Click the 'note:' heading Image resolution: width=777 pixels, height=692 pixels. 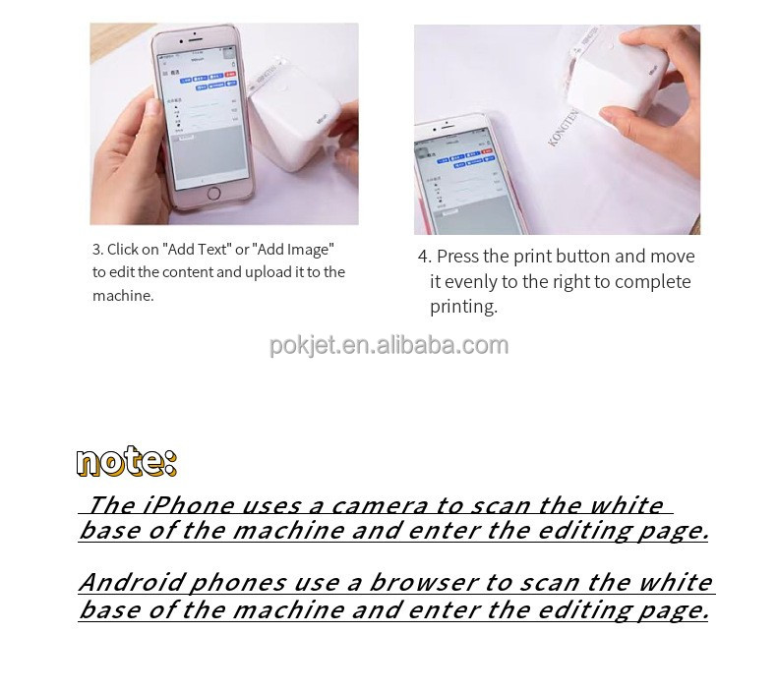pyautogui.click(x=126, y=461)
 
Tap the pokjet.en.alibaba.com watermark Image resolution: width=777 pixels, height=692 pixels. pyautogui.click(x=388, y=345)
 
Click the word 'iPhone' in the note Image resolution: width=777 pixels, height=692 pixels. pyautogui.click(x=187, y=505)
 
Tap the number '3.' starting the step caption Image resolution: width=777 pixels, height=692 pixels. pyautogui.click(x=98, y=250)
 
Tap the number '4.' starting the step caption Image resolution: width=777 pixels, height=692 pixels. pyautogui.click(x=424, y=257)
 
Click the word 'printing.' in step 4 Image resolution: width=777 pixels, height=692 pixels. pyautogui.click(x=463, y=307)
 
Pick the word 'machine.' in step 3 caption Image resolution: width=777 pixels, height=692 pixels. pyautogui.click(x=123, y=296)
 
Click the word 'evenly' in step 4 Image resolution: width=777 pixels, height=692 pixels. pyautogui.click(x=472, y=282)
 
